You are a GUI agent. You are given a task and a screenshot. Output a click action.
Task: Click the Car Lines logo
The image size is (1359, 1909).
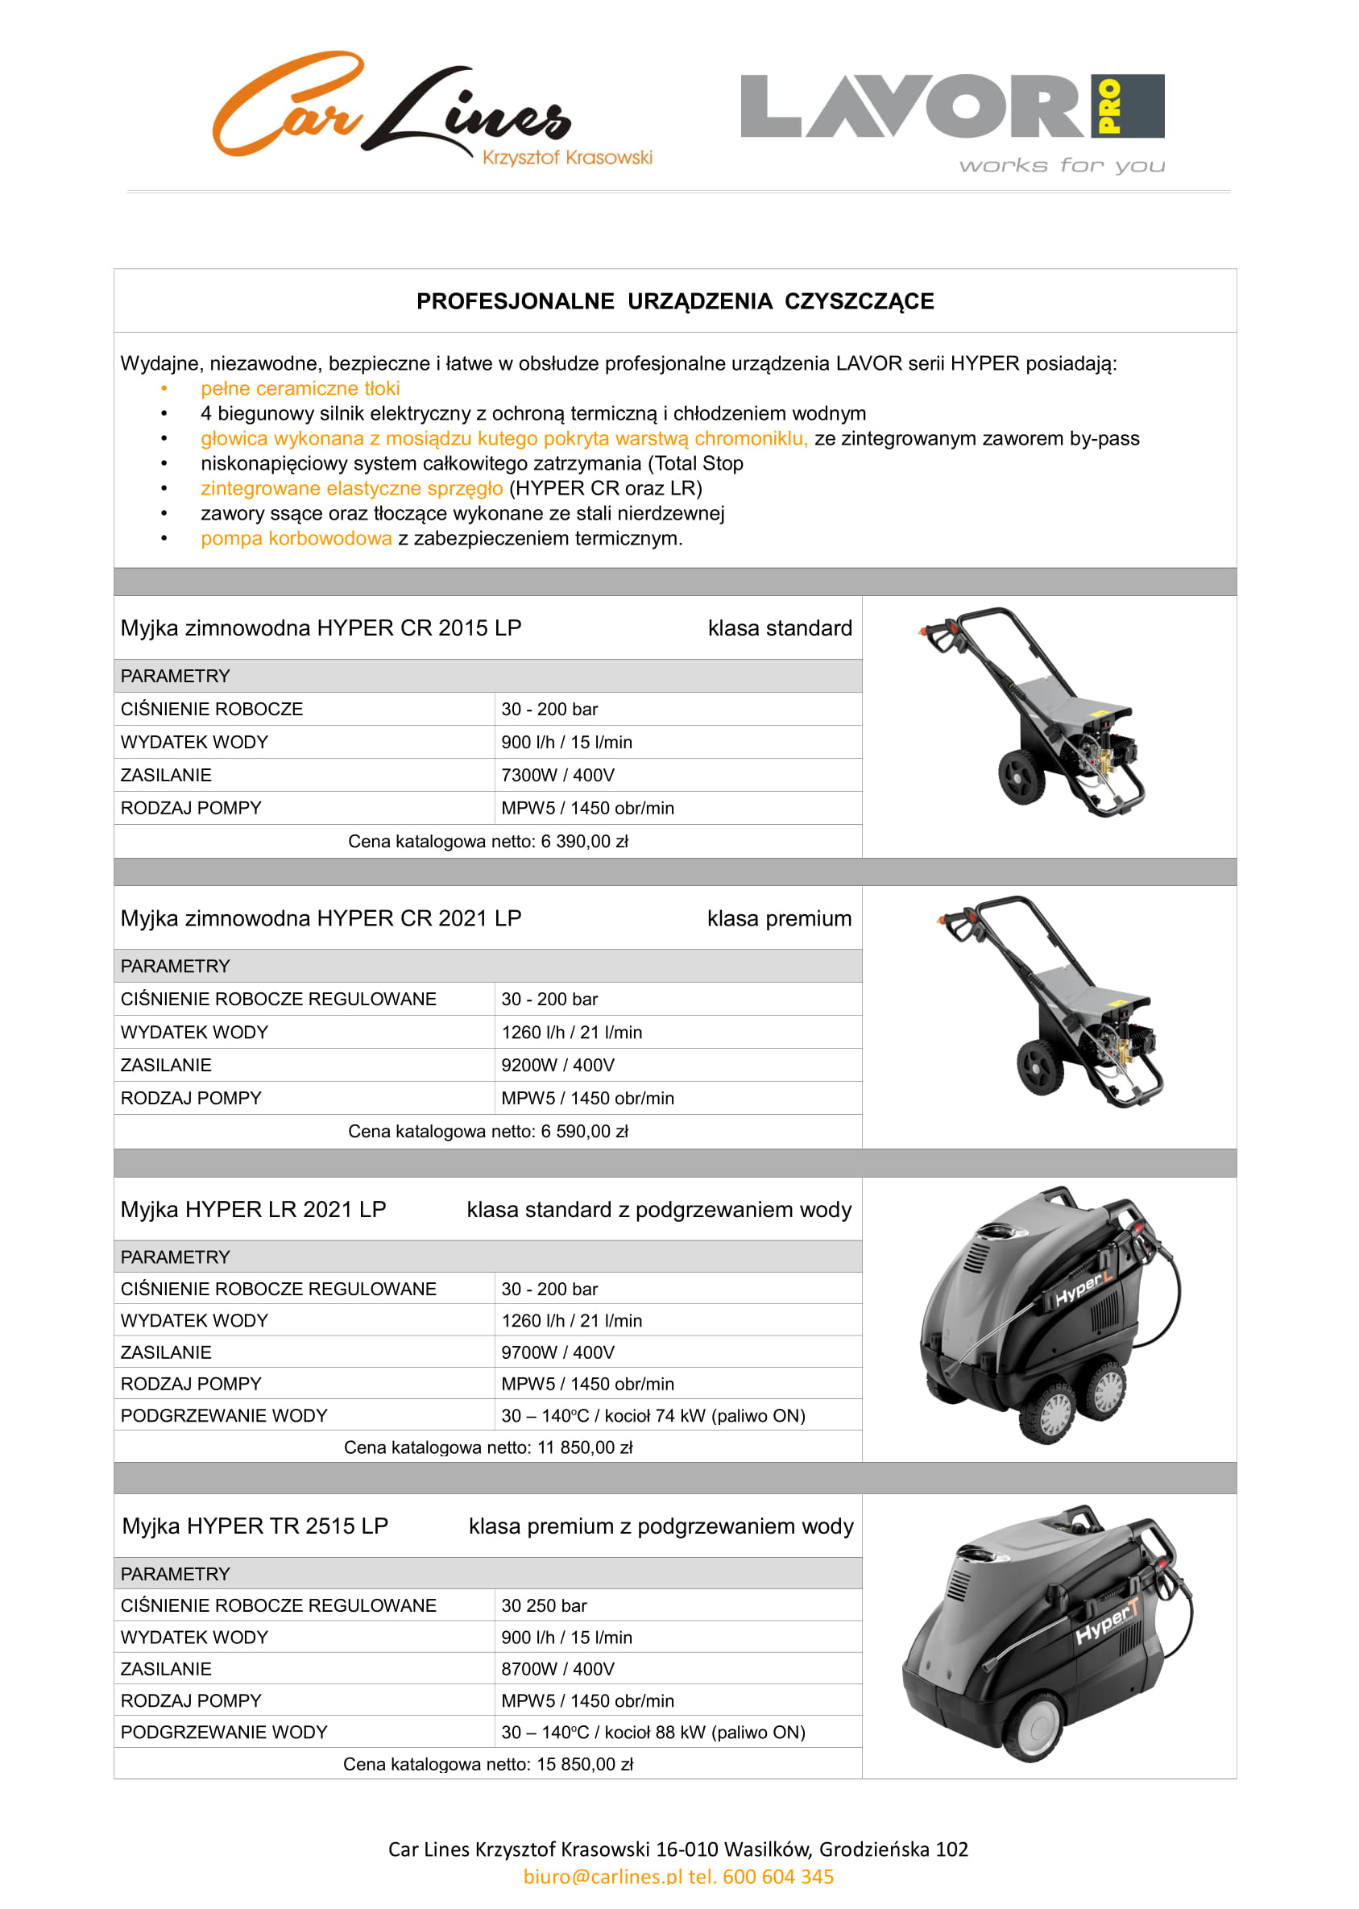(393, 109)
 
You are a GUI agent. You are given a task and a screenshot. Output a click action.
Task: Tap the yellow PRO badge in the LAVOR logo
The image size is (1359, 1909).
(1108, 106)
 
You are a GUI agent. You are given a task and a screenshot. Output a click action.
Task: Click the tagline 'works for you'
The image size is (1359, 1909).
(1061, 166)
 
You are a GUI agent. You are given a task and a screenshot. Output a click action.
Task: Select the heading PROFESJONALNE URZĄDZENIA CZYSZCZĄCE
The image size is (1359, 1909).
(674, 301)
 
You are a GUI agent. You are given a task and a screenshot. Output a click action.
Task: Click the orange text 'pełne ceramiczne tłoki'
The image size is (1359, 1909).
(300, 388)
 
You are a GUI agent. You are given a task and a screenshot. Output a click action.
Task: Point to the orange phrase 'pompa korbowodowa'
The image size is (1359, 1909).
(296, 539)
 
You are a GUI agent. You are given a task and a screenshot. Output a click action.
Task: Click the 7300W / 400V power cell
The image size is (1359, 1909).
(557, 776)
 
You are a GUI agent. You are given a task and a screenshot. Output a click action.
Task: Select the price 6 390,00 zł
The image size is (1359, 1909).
(584, 842)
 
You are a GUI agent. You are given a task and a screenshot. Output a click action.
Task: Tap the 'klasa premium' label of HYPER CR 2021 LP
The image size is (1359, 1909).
(778, 918)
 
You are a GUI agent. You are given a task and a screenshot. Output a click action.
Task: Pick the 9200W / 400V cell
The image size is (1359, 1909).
(557, 1065)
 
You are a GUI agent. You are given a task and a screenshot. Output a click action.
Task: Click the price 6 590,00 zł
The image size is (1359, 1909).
(584, 1132)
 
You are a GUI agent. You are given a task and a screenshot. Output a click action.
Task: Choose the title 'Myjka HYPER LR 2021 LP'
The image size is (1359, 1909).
(253, 1210)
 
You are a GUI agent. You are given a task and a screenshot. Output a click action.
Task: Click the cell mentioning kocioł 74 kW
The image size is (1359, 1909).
(653, 1415)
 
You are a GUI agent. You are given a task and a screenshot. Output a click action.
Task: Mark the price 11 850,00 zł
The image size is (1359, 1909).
(584, 1448)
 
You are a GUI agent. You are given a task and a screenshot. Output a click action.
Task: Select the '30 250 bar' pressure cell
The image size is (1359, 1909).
(544, 1605)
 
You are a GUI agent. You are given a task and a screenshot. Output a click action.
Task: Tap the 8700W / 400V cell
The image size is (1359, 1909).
(557, 1669)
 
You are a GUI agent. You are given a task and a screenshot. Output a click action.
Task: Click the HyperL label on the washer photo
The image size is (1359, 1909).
(1082, 1289)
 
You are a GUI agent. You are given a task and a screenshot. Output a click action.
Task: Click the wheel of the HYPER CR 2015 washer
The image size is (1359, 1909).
(1021, 776)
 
